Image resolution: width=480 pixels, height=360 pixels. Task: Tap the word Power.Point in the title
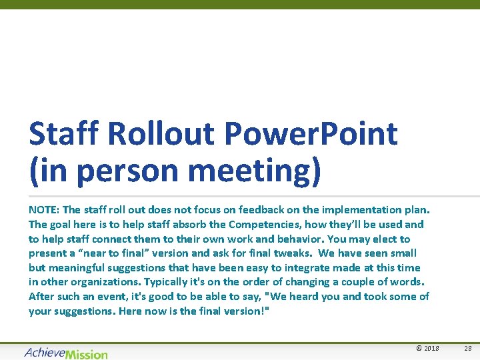tap(311, 134)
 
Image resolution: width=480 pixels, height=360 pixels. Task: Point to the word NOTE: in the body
tap(44, 210)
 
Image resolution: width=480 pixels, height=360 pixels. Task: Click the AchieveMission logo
tap(66, 353)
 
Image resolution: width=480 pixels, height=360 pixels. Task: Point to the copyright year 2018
tap(430, 349)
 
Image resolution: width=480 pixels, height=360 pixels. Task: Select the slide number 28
tap(467, 349)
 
